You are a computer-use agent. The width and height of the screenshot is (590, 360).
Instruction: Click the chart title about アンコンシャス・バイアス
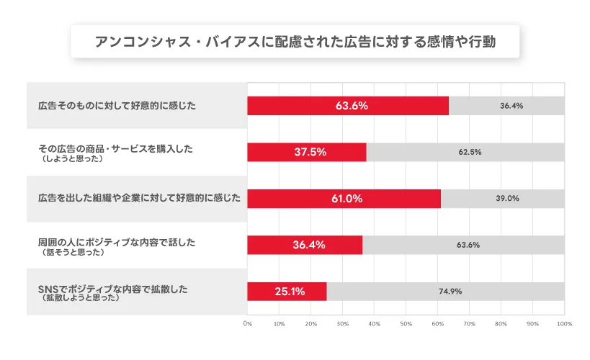tap(295, 42)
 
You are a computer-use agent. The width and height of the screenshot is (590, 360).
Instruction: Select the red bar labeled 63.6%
tap(348, 106)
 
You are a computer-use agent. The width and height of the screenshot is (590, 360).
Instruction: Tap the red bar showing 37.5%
tap(307, 152)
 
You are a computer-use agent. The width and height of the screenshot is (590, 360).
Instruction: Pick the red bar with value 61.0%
tap(344, 199)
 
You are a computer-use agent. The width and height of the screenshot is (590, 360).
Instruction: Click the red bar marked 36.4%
tap(305, 245)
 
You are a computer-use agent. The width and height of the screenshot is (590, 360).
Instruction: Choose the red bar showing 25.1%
tap(287, 292)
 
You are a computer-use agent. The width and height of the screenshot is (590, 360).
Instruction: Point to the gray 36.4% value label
tap(511, 106)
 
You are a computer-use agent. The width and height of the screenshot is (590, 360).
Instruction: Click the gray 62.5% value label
tap(469, 152)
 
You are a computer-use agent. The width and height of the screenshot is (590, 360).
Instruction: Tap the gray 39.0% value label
tap(507, 199)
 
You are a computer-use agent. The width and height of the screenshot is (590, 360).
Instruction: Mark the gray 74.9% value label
tap(450, 292)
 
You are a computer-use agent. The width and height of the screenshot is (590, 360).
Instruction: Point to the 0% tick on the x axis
tap(248, 324)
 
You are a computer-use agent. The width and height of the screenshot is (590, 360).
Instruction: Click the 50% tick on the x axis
tap(406, 324)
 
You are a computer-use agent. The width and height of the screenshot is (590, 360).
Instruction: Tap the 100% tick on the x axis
tap(564, 324)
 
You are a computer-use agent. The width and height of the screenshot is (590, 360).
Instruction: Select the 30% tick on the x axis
tap(342, 324)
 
